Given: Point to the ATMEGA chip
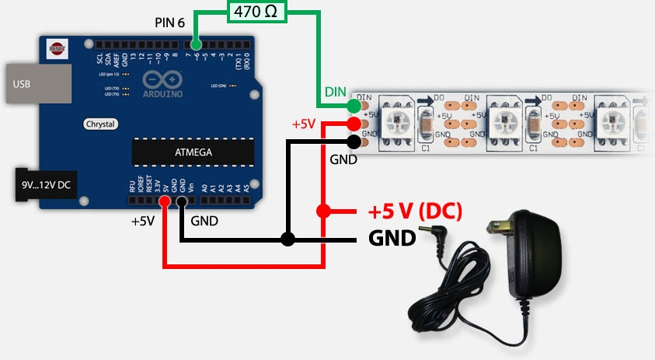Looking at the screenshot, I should (193, 152).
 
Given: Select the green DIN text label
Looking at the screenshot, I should (335, 93).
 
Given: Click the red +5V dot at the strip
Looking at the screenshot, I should (354, 124).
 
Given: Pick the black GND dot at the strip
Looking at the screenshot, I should (354, 141).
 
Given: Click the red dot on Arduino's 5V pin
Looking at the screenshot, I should (165, 202).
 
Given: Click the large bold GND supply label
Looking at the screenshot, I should (392, 237).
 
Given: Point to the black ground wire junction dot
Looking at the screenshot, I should (288, 239).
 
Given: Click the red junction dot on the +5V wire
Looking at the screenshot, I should (324, 211).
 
